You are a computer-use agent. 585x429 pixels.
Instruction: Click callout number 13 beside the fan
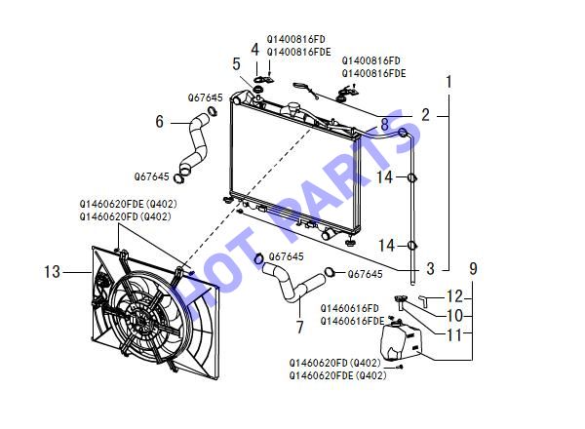[52, 272]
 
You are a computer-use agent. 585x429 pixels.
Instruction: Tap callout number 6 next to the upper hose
[159, 121]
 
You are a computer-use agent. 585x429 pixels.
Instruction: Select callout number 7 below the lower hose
[300, 328]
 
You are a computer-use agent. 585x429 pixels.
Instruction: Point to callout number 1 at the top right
[448, 82]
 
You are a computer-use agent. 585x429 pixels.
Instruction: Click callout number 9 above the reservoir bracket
[473, 268]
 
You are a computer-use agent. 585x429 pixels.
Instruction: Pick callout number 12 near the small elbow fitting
[454, 296]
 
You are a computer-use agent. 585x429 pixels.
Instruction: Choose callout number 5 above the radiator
[236, 63]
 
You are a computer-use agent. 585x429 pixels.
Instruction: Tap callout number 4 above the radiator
[254, 50]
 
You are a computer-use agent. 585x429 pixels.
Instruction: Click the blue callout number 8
[385, 124]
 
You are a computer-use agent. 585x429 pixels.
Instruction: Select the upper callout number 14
[384, 177]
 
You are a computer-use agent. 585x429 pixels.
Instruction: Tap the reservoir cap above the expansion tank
[401, 298]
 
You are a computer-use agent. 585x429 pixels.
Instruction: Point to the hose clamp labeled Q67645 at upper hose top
[213, 110]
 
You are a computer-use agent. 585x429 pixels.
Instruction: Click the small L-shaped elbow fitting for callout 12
[423, 300]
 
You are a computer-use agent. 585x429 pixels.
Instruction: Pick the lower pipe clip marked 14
[411, 246]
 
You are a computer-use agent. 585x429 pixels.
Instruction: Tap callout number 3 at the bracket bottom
[430, 268]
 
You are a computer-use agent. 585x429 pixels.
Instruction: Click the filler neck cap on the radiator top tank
[292, 107]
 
